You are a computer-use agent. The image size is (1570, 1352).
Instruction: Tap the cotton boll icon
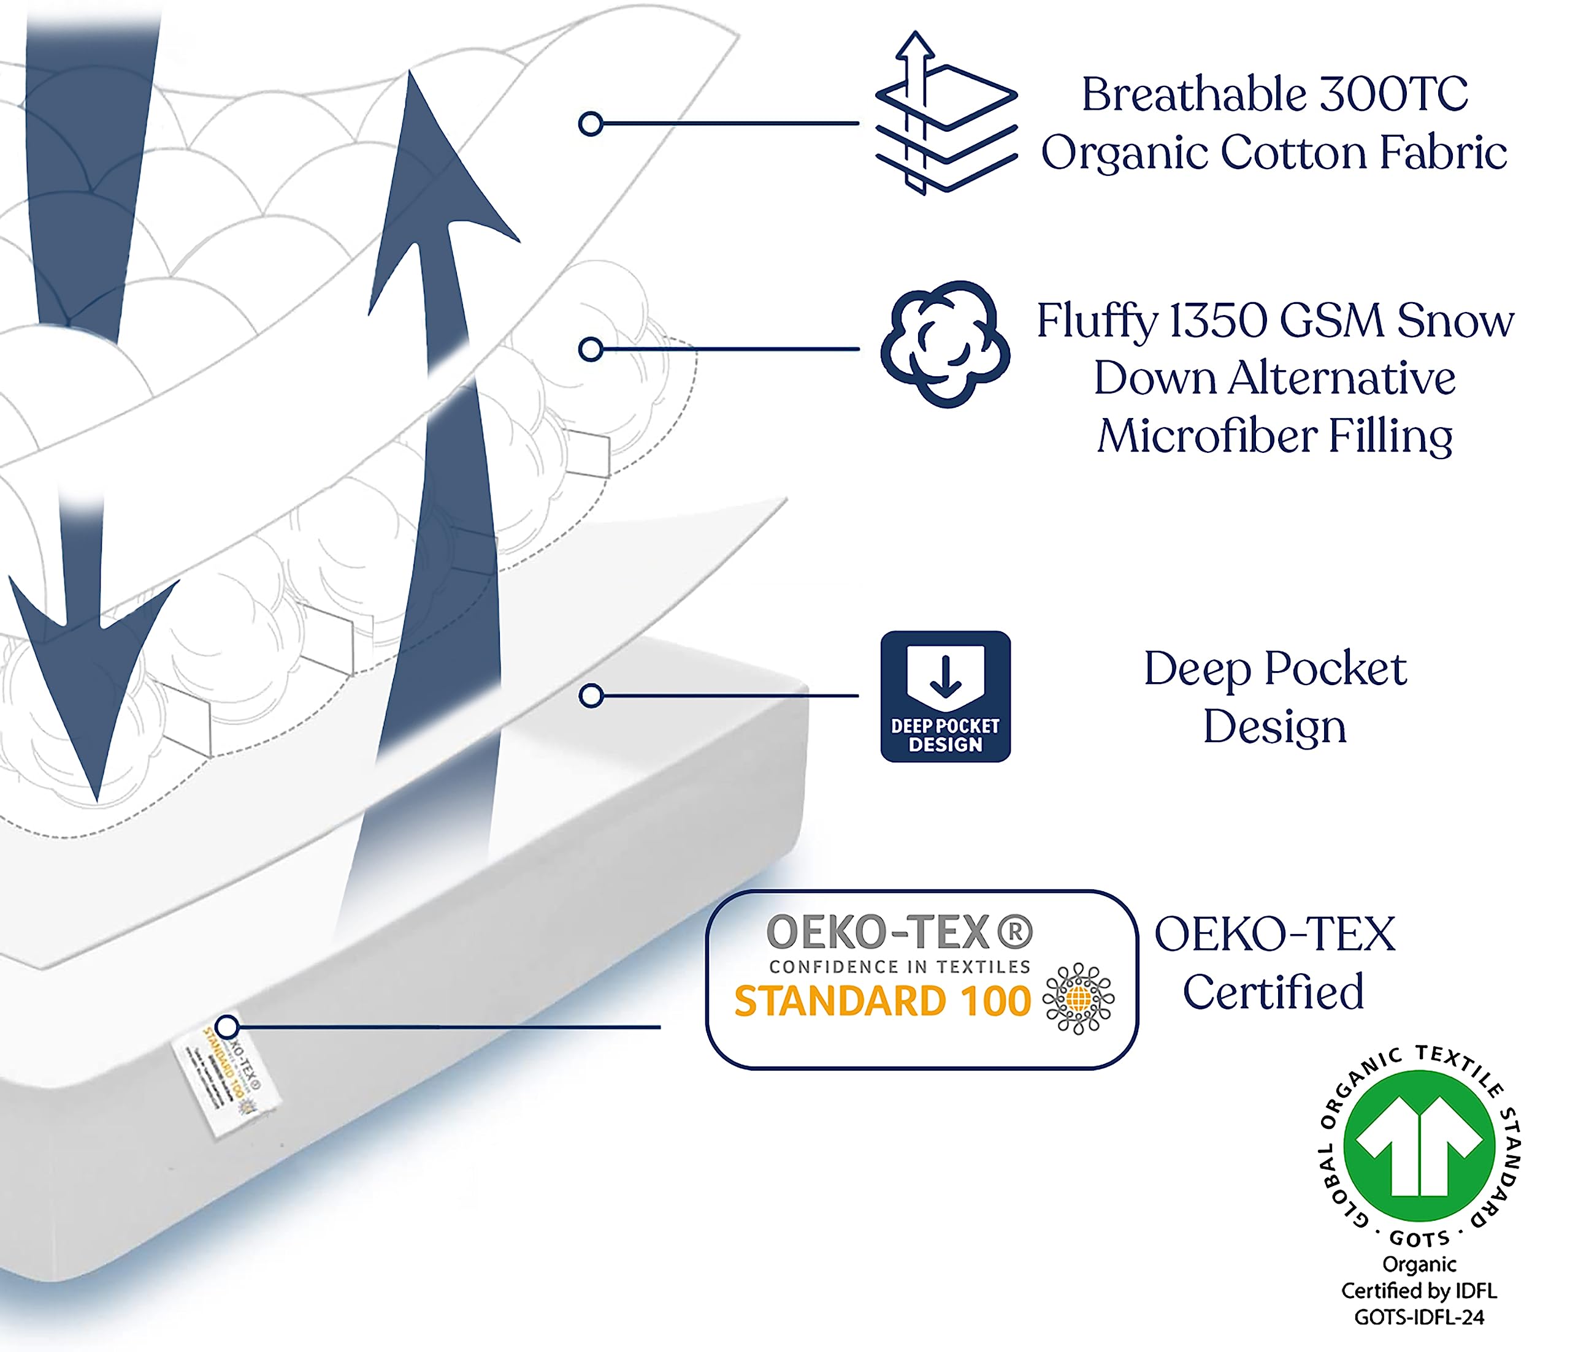[x=945, y=344]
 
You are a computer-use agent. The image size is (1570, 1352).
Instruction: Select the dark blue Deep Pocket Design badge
[x=945, y=696]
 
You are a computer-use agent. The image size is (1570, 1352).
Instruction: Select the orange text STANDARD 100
[x=882, y=1001]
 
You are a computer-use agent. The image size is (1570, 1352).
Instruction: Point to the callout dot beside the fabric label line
[x=590, y=123]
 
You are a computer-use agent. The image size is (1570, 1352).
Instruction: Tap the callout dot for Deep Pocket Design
[x=590, y=696]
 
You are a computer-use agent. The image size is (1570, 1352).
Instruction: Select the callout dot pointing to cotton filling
[x=590, y=349]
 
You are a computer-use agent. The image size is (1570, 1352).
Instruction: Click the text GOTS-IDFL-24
[x=1419, y=1317]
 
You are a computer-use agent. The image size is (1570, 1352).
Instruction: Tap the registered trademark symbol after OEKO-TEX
[x=1014, y=932]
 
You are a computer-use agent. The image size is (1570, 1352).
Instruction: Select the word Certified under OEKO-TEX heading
[x=1273, y=992]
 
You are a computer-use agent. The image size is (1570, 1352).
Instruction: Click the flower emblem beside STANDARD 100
[x=1078, y=999]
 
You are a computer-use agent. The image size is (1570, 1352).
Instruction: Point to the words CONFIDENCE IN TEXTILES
[x=900, y=967]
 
